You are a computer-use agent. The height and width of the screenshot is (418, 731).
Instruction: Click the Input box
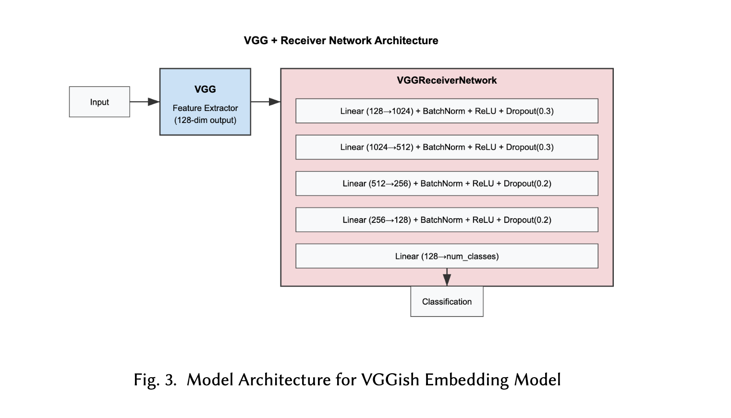click(x=99, y=102)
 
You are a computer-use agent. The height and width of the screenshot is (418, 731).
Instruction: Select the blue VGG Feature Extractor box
click(x=205, y=102)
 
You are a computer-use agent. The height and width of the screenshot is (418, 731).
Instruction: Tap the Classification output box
click(x=447, y=302)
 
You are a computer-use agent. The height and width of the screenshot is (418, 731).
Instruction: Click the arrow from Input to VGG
click(x=144, y=102)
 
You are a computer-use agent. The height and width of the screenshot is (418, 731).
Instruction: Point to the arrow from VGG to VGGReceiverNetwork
click(x=265, y=102)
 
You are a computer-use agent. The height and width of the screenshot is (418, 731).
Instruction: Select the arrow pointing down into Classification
click(x=447, y=277)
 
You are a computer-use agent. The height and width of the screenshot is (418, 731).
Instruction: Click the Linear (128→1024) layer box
click(x=447, y=111)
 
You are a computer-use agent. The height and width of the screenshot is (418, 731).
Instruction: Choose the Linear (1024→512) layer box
click(x=447, y=147)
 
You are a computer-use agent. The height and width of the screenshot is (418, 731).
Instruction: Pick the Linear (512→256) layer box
click(x=447, y=184)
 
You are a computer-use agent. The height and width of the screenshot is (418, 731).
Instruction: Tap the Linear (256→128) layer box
click(x=447, y=220)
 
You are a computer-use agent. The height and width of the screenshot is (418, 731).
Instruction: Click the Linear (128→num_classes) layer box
click(x=447, y=256)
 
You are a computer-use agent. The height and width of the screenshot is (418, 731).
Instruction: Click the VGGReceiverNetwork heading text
click(x=447, y=80)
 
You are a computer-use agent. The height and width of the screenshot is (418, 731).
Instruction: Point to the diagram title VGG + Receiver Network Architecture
click(x=341, y=41)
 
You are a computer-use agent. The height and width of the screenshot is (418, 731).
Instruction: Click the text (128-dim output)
click(x=205, y=120)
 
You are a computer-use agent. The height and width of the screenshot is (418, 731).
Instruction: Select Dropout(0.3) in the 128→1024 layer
click(x=530, y=111)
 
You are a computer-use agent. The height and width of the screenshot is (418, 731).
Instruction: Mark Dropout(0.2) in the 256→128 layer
click(x=527, y=220)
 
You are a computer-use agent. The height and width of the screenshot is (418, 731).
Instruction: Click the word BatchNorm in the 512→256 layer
click(x=441, y=184)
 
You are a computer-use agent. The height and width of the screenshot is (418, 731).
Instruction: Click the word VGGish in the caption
click(x=390, y=380)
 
